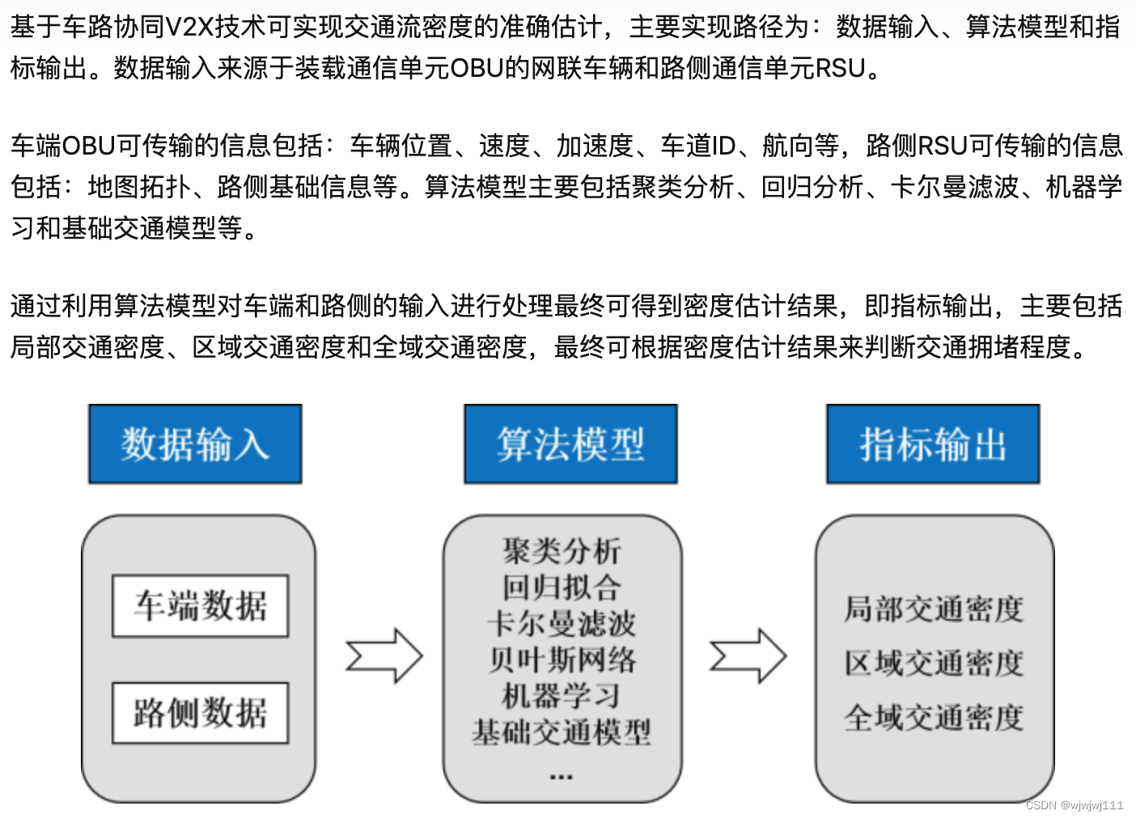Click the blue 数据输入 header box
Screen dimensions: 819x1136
point(195,444)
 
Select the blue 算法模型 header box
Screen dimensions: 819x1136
point(570,444)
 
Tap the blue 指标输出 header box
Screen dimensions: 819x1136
point(933,444)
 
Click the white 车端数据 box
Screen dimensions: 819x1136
point(201,606)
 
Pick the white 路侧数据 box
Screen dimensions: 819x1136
point(201,713)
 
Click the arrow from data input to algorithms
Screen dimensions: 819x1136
point(384,656)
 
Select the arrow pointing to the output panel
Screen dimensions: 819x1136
point(748,656)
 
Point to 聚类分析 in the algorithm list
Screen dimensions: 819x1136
point(562,551)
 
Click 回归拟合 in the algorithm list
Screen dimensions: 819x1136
point(562,587)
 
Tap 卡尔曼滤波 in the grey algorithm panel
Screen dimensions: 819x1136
point(562,623)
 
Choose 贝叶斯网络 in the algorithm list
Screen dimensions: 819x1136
point(562,660)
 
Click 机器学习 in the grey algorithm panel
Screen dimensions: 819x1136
point(562,695)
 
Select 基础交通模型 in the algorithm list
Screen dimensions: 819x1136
point(562,732)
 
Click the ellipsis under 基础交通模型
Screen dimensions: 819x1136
point(561,776)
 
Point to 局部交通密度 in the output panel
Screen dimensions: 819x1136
point(934,609)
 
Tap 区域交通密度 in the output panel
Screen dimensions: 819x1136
point(934,663)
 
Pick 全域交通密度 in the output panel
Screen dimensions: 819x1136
point(934,717)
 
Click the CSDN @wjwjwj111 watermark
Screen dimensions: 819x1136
point(1074,805)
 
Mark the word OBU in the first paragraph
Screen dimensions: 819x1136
point(477,69)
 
